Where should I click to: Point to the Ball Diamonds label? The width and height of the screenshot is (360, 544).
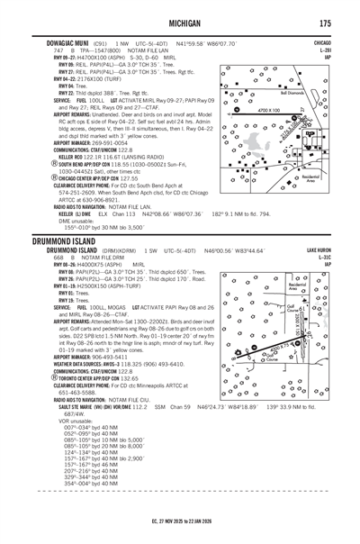click(x=293, y=94)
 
